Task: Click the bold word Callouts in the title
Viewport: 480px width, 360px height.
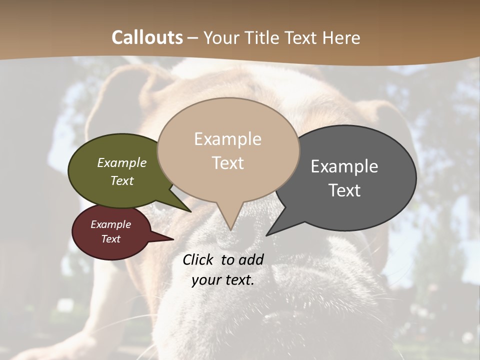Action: [x=147, y=37]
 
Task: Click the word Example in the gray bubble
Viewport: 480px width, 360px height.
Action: [x=344, y=166]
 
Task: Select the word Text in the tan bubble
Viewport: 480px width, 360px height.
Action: [x=228, y=163]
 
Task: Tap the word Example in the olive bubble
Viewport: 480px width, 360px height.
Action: [x=122, y=163]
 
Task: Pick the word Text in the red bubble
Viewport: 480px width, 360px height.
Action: [x=111, y=239]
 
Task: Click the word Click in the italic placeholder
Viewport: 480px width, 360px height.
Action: [x=198, y=259]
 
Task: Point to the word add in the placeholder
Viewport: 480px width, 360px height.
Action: [x=251, y=259]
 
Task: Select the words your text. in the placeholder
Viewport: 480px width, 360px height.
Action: [x=223, y=280]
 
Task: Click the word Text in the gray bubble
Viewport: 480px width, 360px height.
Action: [x=344, y=190]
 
